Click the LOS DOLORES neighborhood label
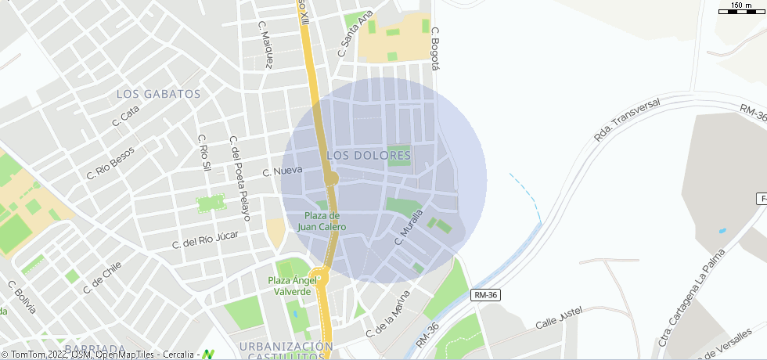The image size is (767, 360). pyautogui.click(x=369, y=156)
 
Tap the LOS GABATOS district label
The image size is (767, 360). pyautogui.click(x=159, y=94)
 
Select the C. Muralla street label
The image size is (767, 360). pyautogui.click(x=409, y=227)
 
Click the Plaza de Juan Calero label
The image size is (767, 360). pyautogui.click(x=322, y=221)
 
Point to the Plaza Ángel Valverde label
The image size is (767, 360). pyautogui.click(x=292, y=286)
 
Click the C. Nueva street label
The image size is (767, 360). pyautogui.click(x=277, y=171)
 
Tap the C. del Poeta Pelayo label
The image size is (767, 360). pyautogui.click(x=239, y=178)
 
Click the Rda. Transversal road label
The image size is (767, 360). pyautogui.click(x=627, y=120)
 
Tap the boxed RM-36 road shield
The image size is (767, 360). pyautogui.click(x=486, y=295)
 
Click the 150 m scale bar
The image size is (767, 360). pyautogui.click(x=741, y=8)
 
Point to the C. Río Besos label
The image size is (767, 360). pyautogui.click(x=110, y=163)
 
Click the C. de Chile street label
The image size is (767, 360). pyautogui.click(x=103, y=277)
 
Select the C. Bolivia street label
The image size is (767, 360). pyautogui.click(x=22, y=297)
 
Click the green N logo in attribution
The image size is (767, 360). pyautogui.click(x=208, y=354)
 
